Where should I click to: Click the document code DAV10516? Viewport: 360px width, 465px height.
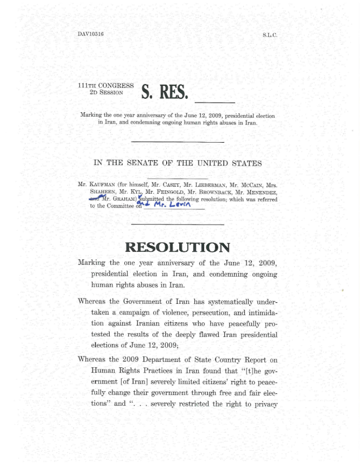tap(91, 34)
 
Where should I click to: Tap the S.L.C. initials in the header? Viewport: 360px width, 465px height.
tap(270, 35)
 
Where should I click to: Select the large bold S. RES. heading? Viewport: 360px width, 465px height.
tap(165, 93)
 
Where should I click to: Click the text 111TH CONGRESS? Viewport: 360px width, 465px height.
tap(106, 86)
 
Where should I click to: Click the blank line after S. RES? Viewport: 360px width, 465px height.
tap(214, 101)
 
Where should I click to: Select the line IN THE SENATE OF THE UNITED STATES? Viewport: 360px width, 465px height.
tap(178, 163)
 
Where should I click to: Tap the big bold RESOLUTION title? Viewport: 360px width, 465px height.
tap(178, 248)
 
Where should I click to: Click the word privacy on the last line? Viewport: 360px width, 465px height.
tap(263, 404)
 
